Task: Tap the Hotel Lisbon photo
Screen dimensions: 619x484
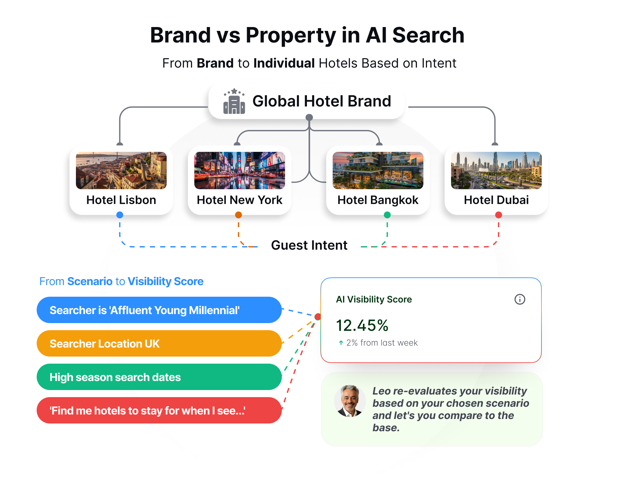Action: point(121,170)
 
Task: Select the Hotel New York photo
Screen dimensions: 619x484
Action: point(240,170)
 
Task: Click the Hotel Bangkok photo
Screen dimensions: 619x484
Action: point(378,170)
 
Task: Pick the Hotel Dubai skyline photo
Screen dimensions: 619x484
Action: point(496,170)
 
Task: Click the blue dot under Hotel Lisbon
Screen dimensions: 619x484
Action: point(120,215)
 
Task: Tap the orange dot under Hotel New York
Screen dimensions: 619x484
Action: point(238,215)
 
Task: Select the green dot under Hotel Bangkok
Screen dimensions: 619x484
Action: point(387,215)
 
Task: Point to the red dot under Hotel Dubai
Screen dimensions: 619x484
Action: point(499,215)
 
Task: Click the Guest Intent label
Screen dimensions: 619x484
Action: point(309,245)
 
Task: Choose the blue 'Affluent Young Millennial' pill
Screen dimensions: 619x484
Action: point(159,310)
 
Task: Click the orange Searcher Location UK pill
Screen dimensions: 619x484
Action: point(159,343)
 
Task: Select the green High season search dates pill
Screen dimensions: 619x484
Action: point(159,377)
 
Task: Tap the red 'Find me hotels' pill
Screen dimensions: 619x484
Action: point(159,410)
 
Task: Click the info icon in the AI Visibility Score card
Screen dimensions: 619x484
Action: point(520,299)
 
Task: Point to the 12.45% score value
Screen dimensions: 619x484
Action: point(362,325)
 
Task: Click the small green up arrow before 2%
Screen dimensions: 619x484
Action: point(341,343)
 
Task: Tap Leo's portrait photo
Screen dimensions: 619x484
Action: point(350,401)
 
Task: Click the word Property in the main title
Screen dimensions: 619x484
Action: point(291,36)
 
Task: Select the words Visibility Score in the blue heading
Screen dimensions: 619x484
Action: point(166,282)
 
